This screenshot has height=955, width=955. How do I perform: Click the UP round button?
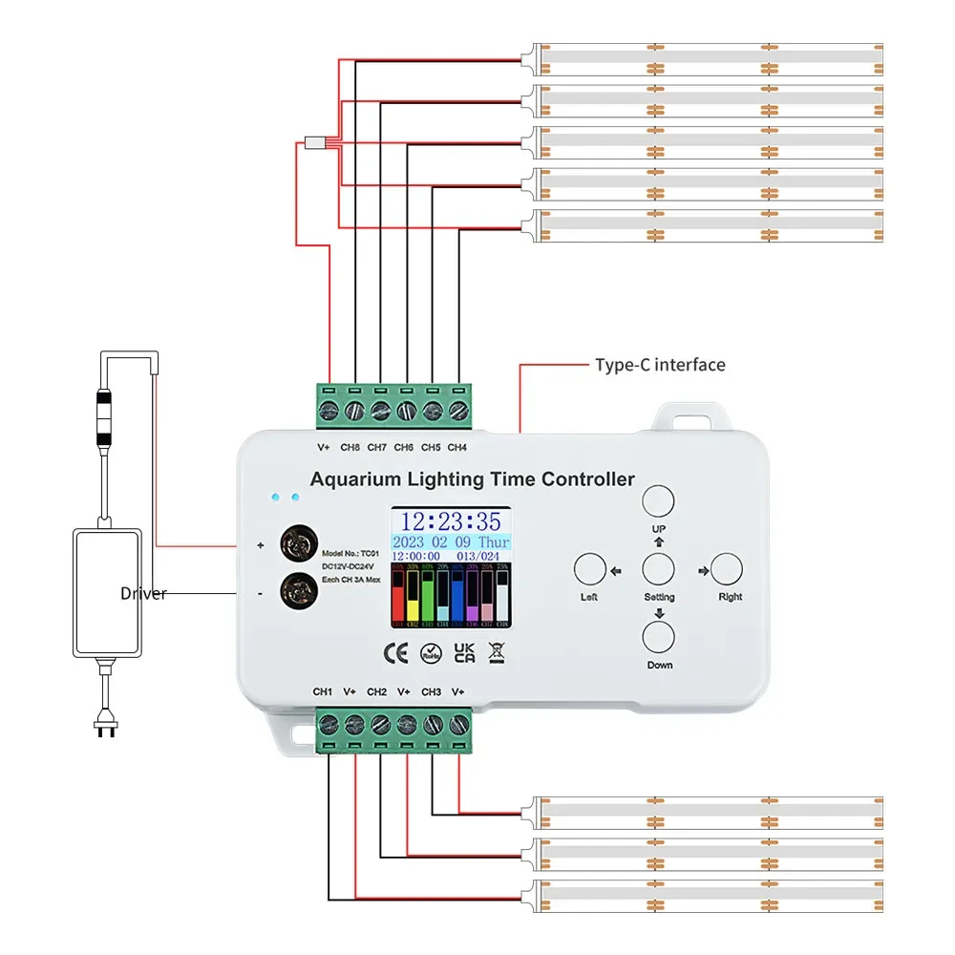point(658,501)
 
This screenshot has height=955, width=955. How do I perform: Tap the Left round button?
point(589,570)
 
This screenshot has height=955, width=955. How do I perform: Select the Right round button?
point(727,570)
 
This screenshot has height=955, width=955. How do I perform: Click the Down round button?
point(658,637)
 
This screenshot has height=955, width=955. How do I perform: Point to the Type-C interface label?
point(660,365)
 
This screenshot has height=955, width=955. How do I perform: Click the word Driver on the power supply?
point(143,594)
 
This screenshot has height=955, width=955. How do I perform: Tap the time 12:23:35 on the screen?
point(450,521)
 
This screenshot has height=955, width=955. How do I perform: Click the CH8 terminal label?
point(350,447)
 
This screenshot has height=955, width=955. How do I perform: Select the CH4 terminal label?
point(457,447)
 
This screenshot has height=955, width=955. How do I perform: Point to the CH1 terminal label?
point(322,691)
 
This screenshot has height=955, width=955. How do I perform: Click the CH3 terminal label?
point(431,691)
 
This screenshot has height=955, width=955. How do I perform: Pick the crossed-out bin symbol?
point(496,653)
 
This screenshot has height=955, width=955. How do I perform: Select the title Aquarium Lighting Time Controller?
point(473,479)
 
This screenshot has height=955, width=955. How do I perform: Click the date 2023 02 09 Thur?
point(450,541)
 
